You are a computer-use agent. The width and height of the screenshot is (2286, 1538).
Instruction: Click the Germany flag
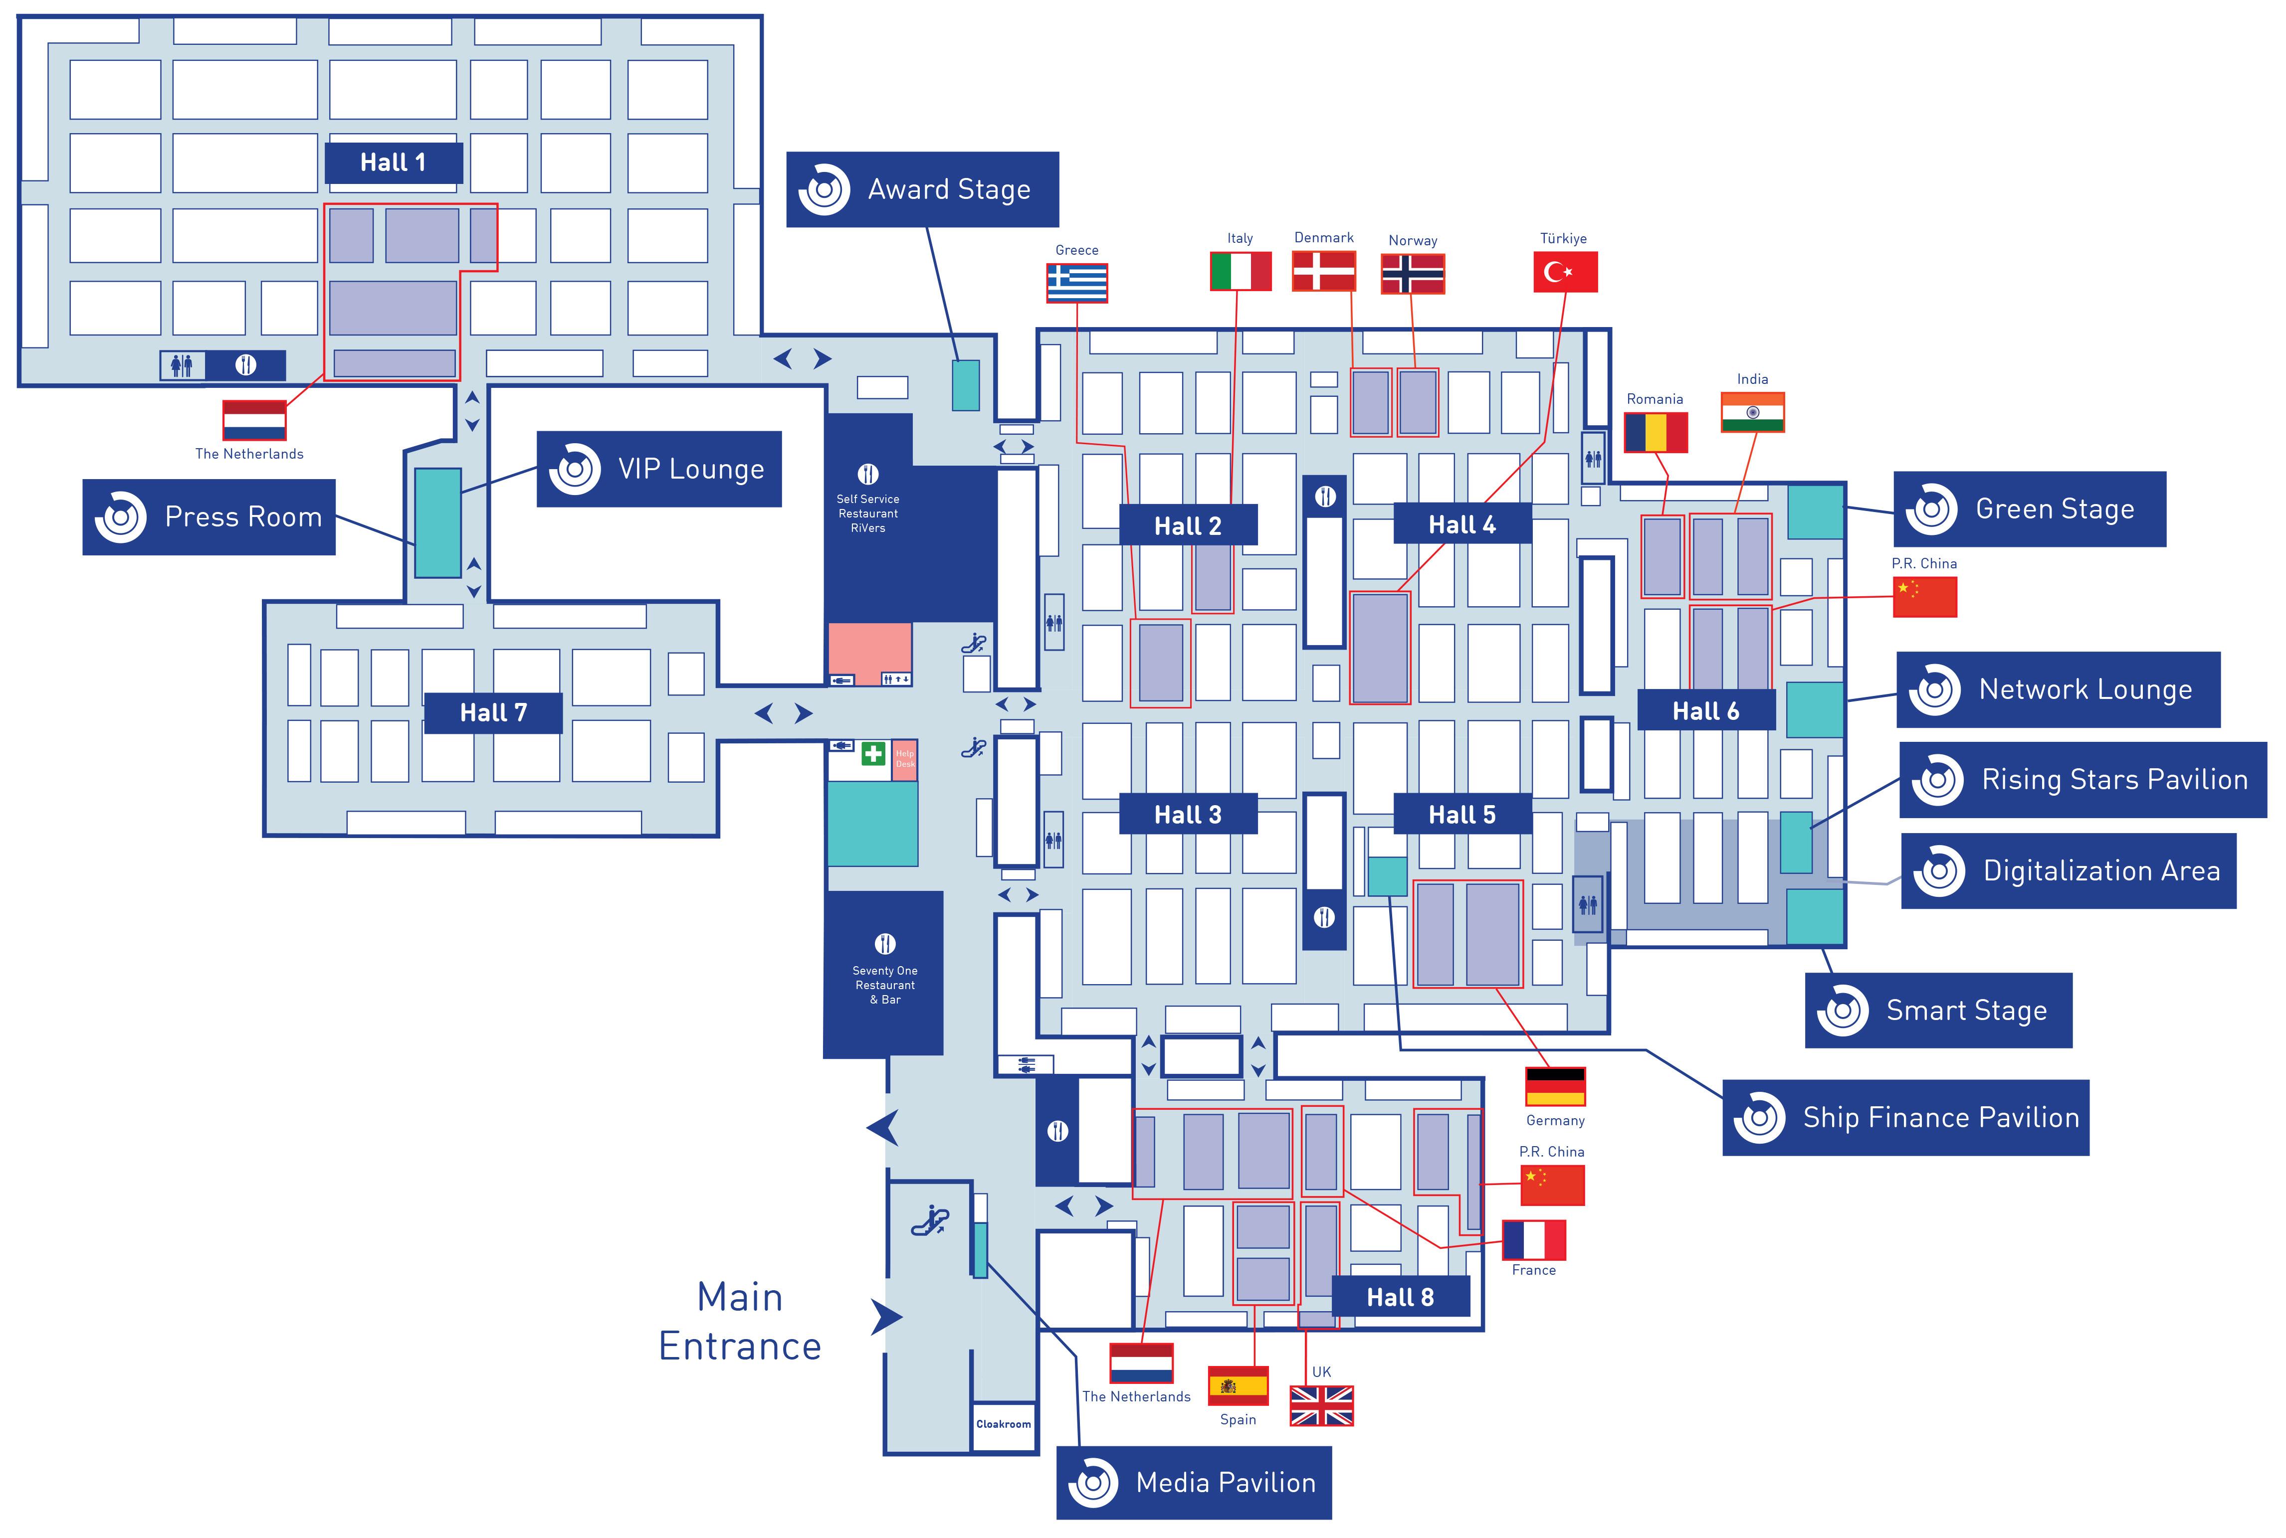click(1555, 1086)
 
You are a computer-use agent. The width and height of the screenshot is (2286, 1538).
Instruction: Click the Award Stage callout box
click(922, 189)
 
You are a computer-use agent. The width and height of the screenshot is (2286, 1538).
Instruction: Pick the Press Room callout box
click(209, 517)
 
